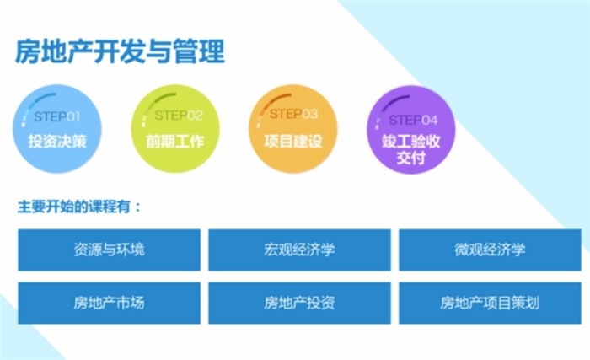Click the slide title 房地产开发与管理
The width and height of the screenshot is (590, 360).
click(120, 51)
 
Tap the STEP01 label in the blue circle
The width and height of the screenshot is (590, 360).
click(56, 116)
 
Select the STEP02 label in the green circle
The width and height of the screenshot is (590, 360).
click(179, 116)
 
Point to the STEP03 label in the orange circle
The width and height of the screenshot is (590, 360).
click(293, 114)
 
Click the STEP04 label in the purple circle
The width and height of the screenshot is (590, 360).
click(413, 120)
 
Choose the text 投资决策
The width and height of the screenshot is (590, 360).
click(57, 142)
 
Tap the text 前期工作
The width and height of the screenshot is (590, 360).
click(175, 142)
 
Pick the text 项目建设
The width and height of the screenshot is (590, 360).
click(293, 142)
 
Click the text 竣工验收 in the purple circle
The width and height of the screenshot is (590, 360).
click(411, 142)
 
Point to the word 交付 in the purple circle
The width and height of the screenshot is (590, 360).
click(411, 158)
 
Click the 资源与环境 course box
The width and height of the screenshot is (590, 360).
click(109, 250)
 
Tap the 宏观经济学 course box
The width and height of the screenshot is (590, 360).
click(299, 250)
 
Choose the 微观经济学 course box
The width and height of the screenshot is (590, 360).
click(490, 250)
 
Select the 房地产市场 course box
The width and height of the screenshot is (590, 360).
click(109, 303)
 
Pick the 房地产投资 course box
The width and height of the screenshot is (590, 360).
click(299, 303)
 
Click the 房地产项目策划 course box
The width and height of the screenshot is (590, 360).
click(490, 303)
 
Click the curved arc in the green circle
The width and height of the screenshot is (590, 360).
click(150, 102)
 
